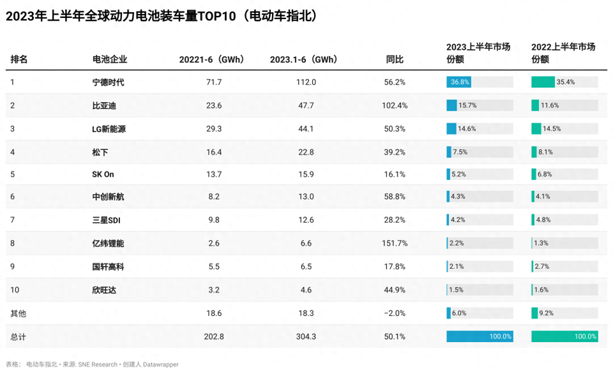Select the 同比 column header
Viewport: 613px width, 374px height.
pyautogui.click(x=395, y=59)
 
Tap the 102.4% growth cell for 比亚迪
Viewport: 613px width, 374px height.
pyautogui.click(x=395, y=105)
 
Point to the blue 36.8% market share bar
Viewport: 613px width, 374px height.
pyautogui.click(x=458, y=82)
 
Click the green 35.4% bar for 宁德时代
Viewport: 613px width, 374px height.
pyautogui.click(x=543, y=82)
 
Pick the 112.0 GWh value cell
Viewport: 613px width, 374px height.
pyautogui.click(x=306, y=82)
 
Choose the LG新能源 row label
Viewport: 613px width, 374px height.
pyautogui.click(x=109, y=129)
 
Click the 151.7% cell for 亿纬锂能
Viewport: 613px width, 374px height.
pyautogui.click(x=395, y=243)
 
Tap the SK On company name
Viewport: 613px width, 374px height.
pyautogui.click(x=103, y=174)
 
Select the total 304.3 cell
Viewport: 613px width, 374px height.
pyautogui.click(x=306, y=336)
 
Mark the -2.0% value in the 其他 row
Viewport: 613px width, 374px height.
pyautogui.click(x=395, y=313)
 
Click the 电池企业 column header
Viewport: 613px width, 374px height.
pyautogui.click(x=110, y=59)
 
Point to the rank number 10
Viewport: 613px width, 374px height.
pyautogui.click(x=15, y=290)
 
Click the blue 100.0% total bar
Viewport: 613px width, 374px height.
pyautogui.click(x=480, y=336)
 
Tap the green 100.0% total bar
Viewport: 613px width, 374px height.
pyautogui.click(x=564, y=336)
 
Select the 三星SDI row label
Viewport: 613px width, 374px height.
pyautogui.click(x=107, y=220)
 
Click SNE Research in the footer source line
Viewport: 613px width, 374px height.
pyautogui.click(x=98, y=364)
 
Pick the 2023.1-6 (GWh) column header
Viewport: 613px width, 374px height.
pyautogui.click(x=303, y=59)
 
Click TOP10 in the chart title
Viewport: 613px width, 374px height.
pyautogui.click(x=217, y=16)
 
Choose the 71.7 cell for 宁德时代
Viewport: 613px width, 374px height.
pyautogui.click(x=214, y=82)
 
